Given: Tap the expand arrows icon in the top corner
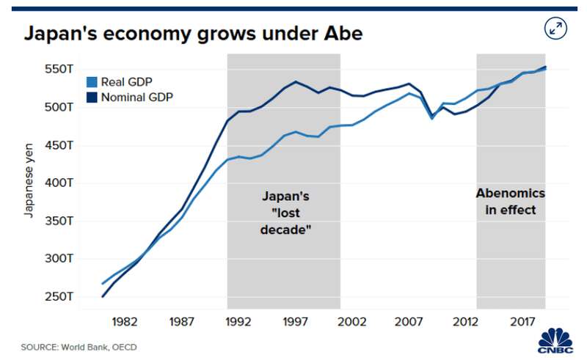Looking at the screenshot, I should (x=555, y=29).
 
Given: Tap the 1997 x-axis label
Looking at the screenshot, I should (x=295, y=322).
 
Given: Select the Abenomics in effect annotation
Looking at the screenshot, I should (x=511, y=202).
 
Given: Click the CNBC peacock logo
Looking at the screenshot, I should (x=556, y=339).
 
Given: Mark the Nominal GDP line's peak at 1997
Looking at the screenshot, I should (x=295, y=81).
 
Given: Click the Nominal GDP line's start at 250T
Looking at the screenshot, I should (x=103, y=296).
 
